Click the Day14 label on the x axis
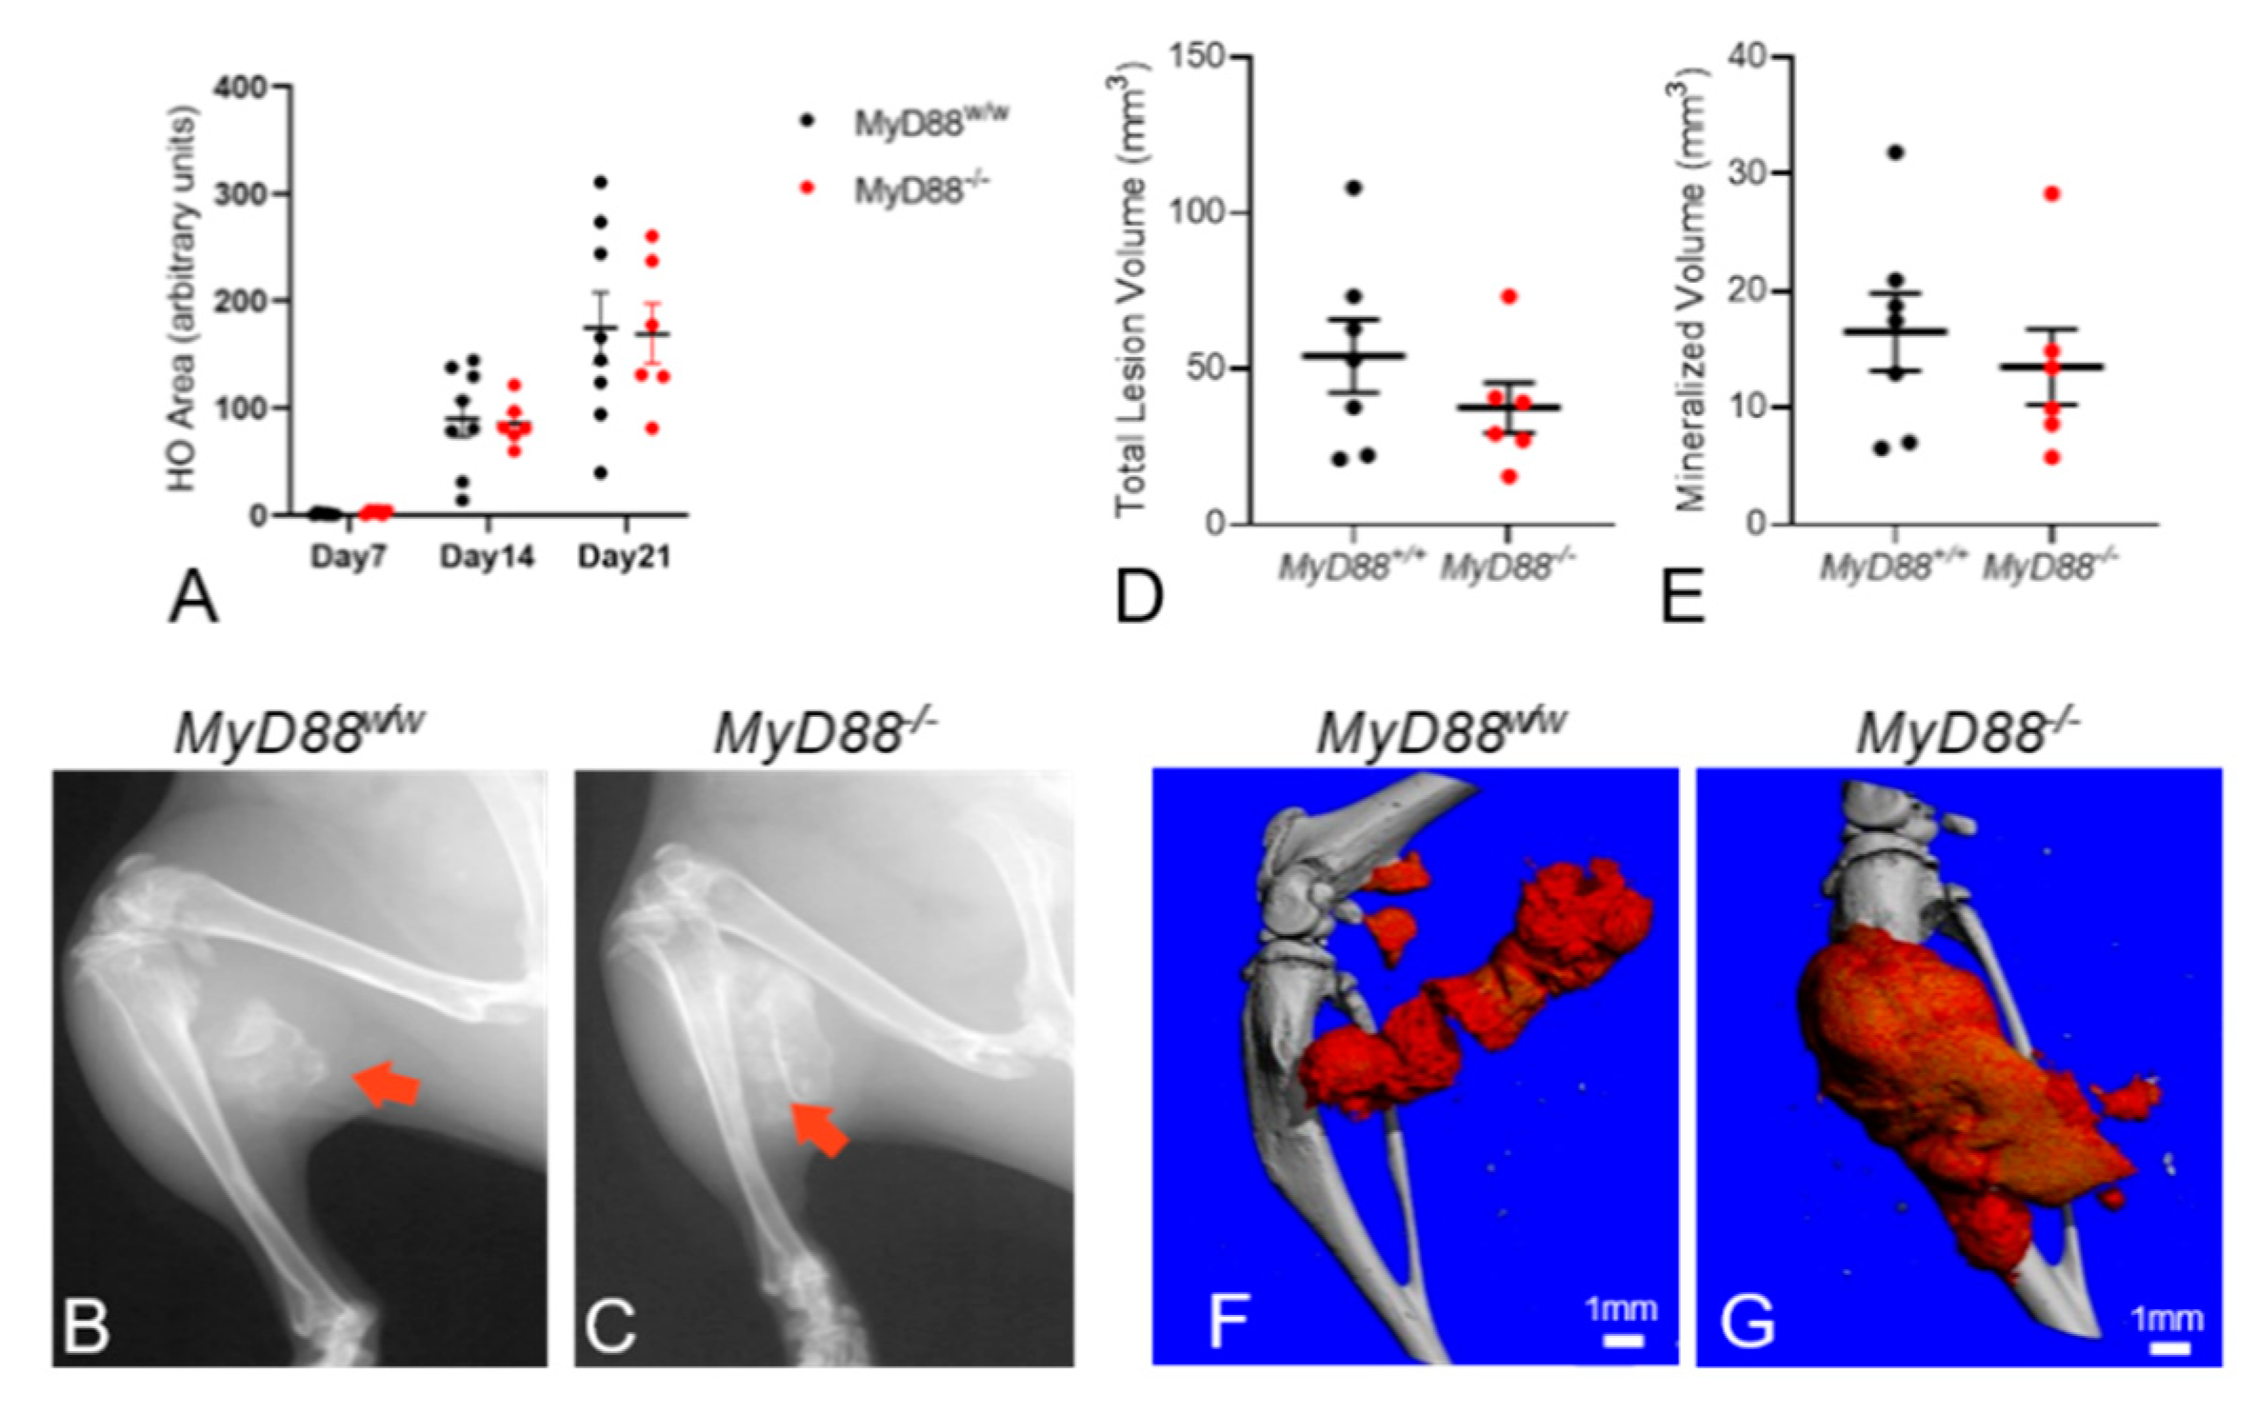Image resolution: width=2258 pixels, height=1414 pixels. (487, 557)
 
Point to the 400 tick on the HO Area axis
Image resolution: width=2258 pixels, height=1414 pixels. (239, 88)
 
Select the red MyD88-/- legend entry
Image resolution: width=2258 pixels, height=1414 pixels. (919, 190)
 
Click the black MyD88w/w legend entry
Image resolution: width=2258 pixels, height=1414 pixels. (929, 122)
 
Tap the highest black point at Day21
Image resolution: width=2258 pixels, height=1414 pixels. (600, 182)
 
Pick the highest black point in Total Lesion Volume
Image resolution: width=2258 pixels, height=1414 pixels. (1353, 188)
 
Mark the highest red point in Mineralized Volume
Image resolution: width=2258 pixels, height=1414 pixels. (2052, 194)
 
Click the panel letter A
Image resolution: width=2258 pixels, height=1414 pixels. (192, 599)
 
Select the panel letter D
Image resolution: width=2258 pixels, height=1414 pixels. (1139, 597)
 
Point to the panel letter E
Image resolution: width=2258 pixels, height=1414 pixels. (1682, 597)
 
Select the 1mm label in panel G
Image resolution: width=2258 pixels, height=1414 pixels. (2167, 1319)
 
